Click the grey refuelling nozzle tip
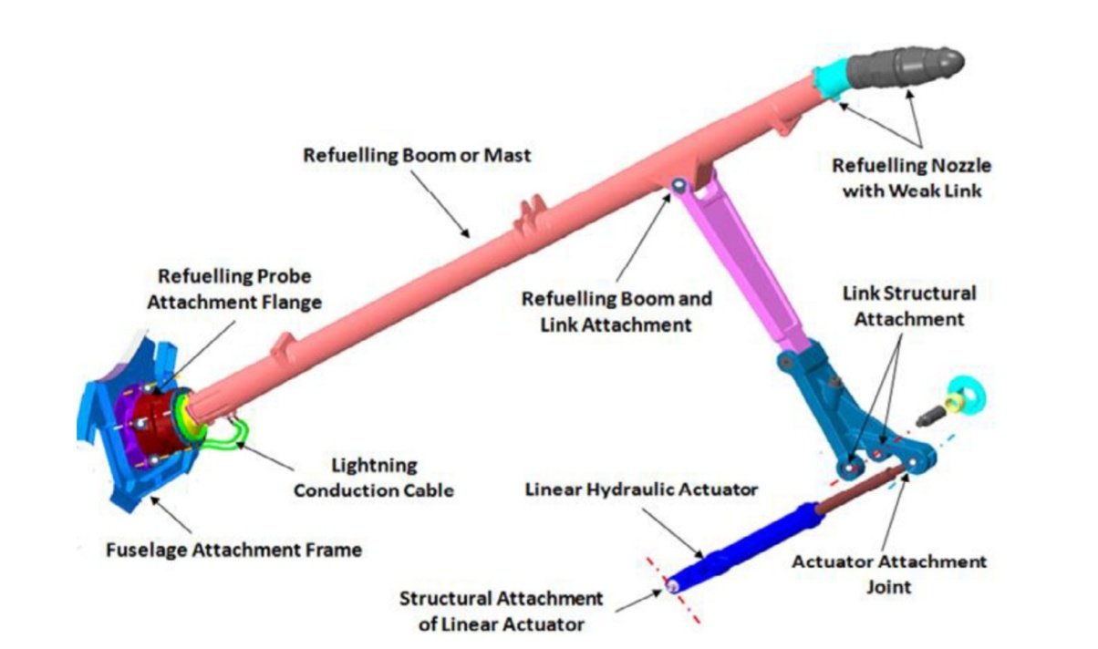(x=906, y=67)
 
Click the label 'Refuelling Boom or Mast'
(x=417, y=155)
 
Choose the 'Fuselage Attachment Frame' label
(x=233, y=550)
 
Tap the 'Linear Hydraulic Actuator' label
(x=641, y=489)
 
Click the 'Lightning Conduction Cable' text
(x=374, y=478)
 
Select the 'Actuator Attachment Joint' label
(x=888, y=573)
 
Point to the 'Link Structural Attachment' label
(x=909, y=306)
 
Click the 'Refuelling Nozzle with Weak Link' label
(x=912, y=178)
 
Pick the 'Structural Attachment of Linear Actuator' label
(x=501, y=612)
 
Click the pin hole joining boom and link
(x=679, y=185)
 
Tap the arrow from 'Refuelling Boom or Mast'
(x=440, y=204)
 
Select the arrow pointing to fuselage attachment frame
(x=171, y=515)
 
